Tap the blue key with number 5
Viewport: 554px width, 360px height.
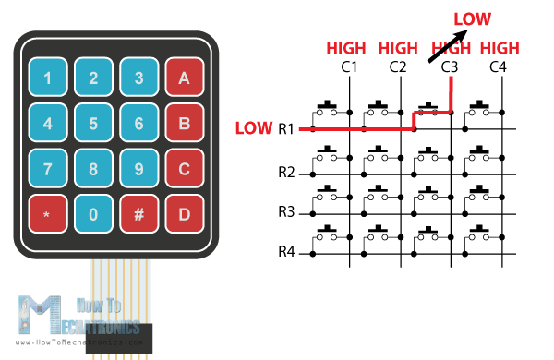93,123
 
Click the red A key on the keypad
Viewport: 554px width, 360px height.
184,78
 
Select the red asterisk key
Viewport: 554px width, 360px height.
47,213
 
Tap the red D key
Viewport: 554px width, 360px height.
184,213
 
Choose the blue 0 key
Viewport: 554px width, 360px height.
93,213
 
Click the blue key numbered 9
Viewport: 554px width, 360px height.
138,168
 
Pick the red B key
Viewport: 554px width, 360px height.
184,123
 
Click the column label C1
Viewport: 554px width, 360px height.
349,66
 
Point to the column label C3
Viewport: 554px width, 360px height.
450,66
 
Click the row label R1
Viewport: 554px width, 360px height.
285,129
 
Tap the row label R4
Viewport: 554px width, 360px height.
285,251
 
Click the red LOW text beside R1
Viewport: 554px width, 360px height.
254,128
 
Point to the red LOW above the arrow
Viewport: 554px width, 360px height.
471,18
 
